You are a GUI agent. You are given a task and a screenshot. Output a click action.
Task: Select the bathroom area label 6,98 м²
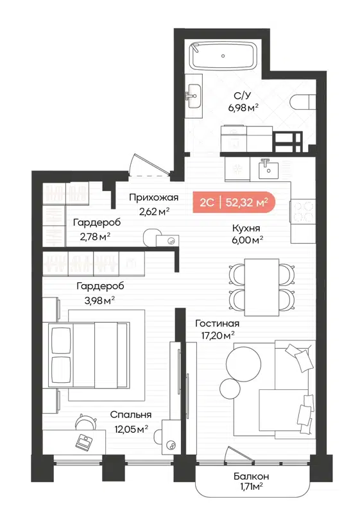(x=243, y=108)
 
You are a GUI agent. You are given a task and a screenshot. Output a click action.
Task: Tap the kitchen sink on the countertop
(x=269, y=170)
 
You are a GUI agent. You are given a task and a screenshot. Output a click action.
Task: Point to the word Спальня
(x=130, y=415)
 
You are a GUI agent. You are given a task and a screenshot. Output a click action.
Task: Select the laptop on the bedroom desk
(x=83, y=441)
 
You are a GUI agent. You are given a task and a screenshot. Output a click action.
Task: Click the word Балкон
(x=251, y=476)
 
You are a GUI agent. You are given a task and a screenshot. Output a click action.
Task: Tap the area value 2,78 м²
(x=96, y=235)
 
